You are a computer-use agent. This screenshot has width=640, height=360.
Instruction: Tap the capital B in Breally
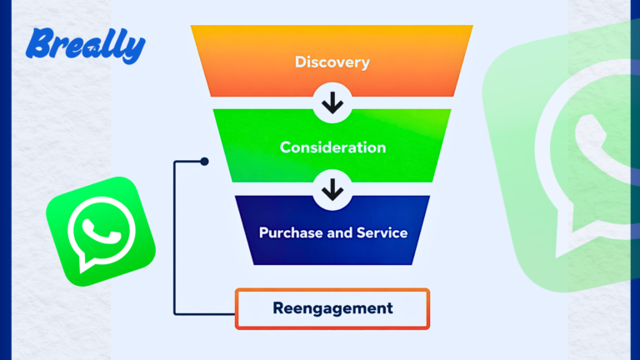pos(38,43)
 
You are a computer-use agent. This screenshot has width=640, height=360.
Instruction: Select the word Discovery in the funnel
pos(332,62)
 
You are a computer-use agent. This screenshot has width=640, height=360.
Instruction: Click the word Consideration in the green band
pos(332,147)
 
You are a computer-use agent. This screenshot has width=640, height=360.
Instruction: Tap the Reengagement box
pos(332,308)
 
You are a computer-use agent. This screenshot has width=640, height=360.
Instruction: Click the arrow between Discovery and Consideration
pos(332,104)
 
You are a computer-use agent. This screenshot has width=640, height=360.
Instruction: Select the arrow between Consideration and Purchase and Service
pos(332,191)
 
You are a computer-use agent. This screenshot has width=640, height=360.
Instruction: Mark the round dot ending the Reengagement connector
pos(204,162)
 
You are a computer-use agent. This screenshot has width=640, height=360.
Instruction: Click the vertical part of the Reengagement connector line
pos(174,242)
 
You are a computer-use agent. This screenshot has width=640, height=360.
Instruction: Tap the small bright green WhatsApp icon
pos(100,231)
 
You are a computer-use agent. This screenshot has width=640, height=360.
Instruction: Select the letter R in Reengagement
pos(278,307)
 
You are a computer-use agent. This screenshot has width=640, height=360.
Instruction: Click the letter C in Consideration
pos(285,147)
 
